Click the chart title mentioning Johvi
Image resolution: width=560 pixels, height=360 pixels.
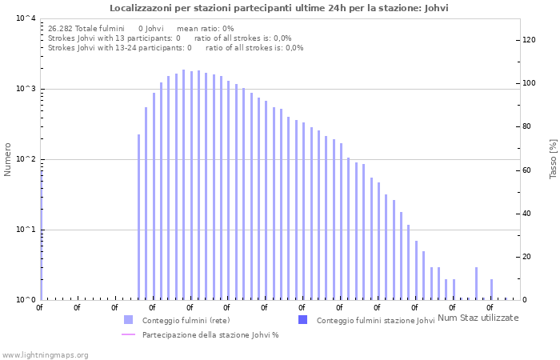(279, 8)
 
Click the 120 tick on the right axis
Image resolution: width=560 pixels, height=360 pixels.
(528, 40)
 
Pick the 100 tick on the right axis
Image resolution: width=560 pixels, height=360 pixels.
(528, 83)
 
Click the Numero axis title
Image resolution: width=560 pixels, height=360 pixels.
(8, 159)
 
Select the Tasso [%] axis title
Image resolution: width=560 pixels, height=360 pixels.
(553, 159)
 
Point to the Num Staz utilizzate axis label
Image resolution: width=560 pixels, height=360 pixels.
(478, 318)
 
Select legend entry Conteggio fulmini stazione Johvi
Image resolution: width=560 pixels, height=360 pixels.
(375, 321)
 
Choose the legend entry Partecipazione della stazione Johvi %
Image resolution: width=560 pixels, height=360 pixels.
(210, 335)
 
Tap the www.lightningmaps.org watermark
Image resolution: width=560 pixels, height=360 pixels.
(45, 354)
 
